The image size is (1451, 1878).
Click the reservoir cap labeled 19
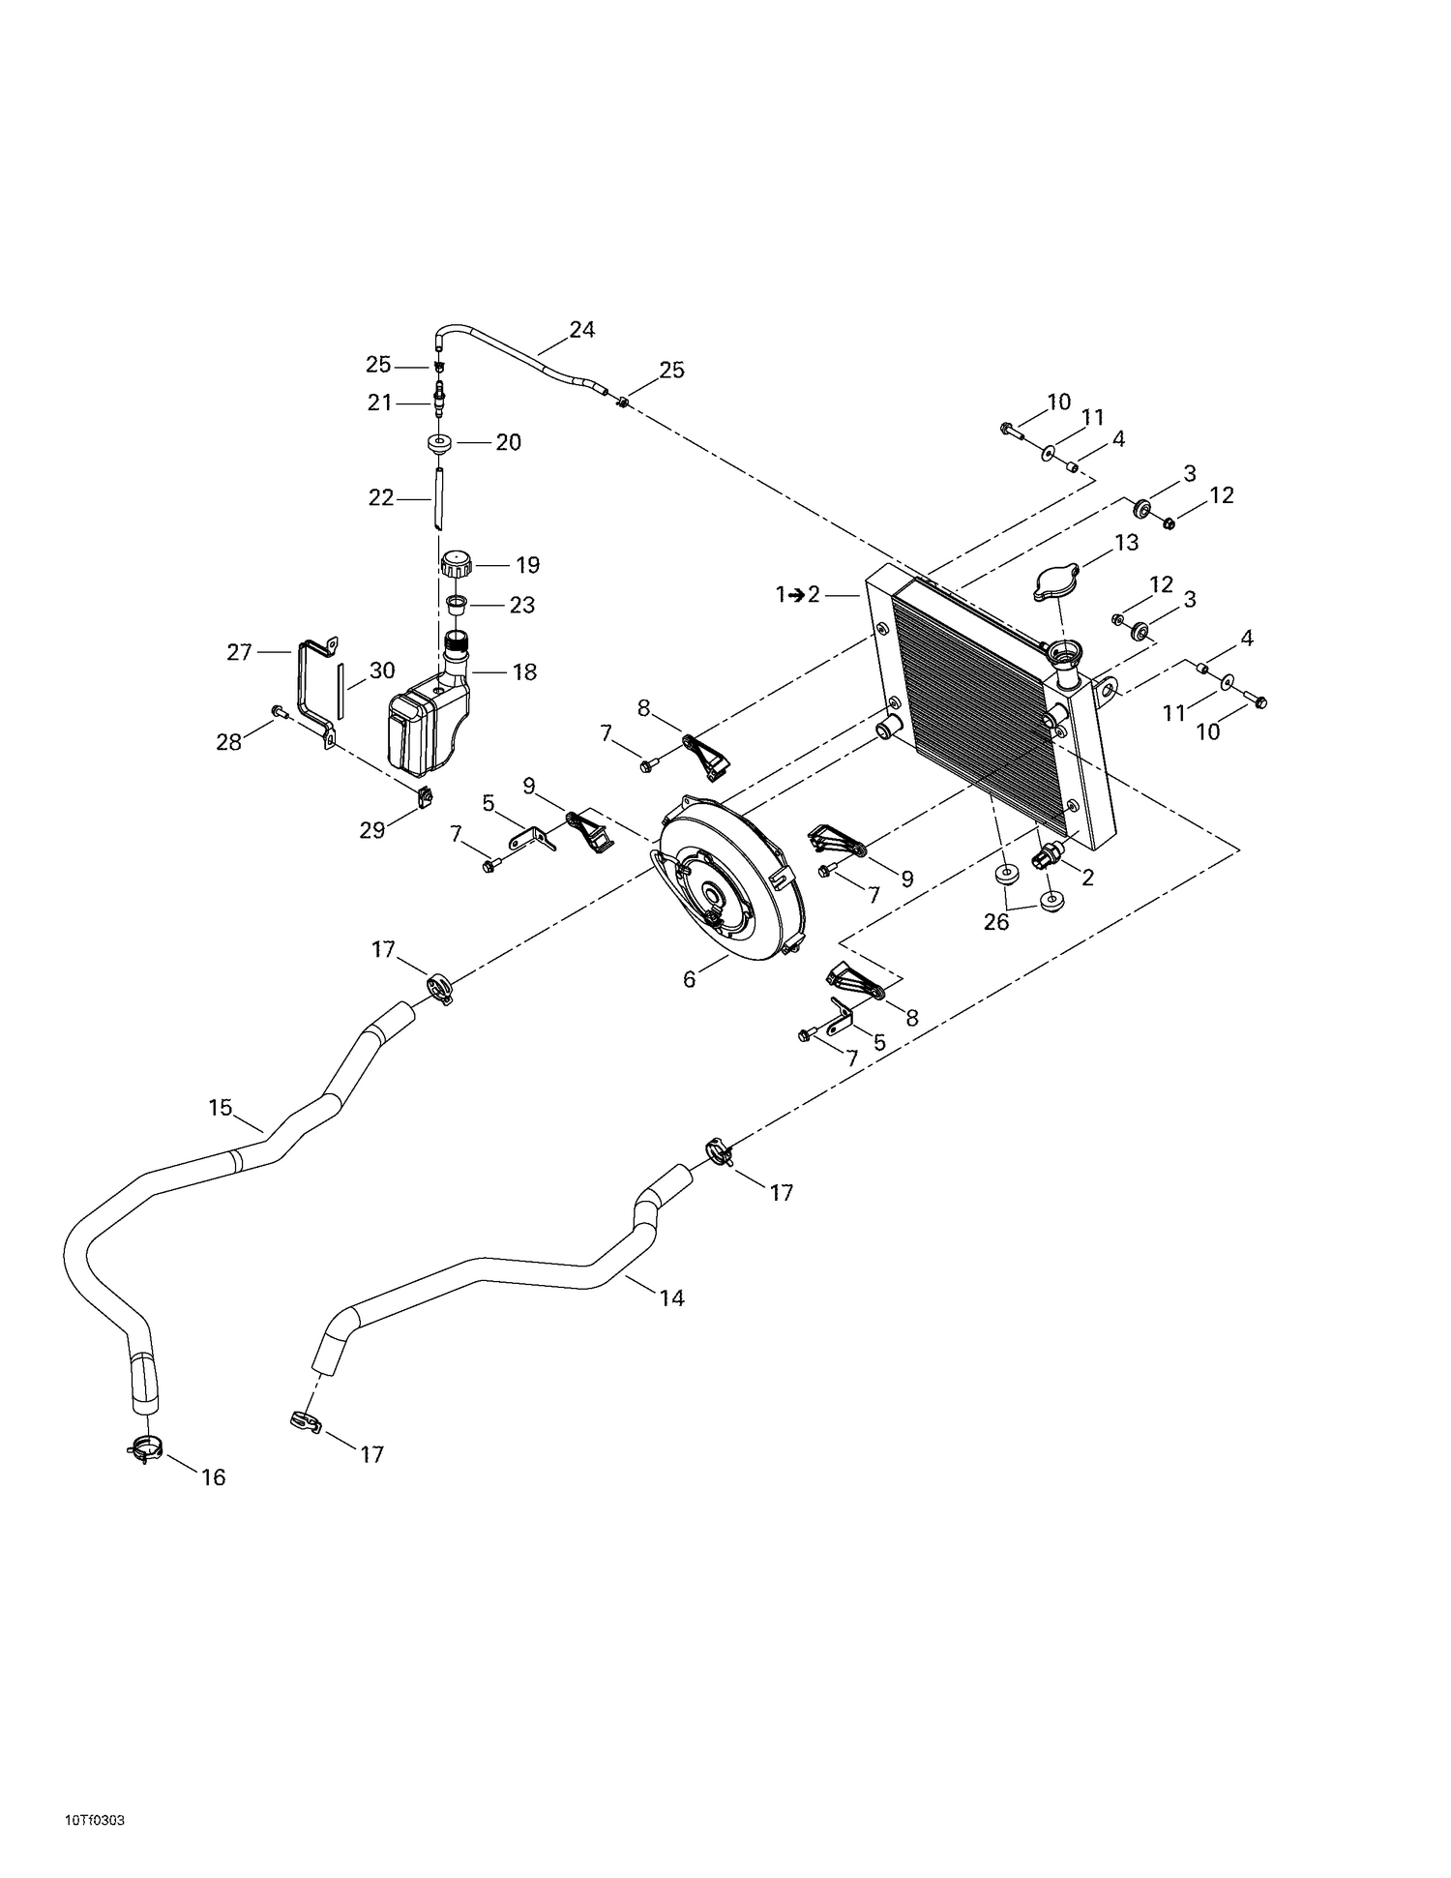point(455,562)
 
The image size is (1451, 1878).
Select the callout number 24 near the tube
point(581,329)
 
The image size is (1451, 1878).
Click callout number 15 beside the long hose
point(221,1107)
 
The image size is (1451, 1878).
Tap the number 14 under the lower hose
point(671,1297)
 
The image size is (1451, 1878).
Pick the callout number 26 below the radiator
point(996,922)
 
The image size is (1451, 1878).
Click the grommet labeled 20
point(440,444)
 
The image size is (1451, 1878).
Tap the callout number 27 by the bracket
point(239,652)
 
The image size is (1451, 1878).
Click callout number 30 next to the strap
point(382,670)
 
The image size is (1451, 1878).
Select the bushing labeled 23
point(457,606)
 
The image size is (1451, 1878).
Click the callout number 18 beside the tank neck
point(524,671)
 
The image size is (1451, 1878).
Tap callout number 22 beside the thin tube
point(381,497)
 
